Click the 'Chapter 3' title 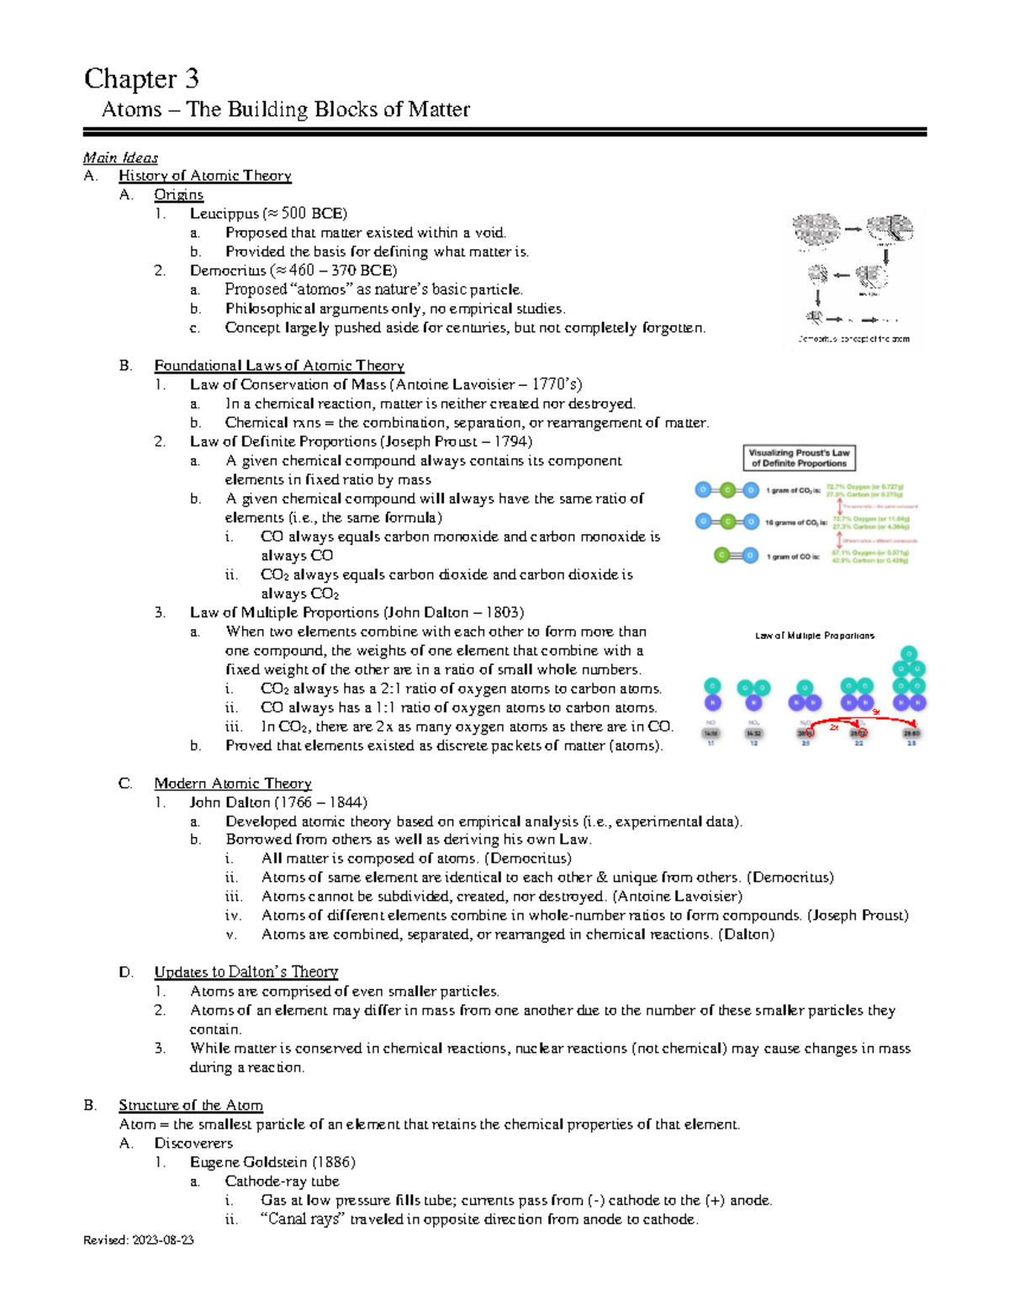coord(141,78)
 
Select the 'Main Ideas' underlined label coord(120,157)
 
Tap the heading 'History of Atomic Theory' coord(204,176)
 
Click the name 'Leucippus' coord(224,214)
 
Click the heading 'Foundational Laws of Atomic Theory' coord(278,366)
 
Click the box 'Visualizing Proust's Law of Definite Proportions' coord(799,458)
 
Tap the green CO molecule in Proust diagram coord(736,555)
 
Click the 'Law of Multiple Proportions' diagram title coord(814,636)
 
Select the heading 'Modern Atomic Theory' coord(232,784)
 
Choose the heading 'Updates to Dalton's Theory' coord(246,972)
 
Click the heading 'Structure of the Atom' coord(190,1105)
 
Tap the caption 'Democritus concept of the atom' coord(853,340)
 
